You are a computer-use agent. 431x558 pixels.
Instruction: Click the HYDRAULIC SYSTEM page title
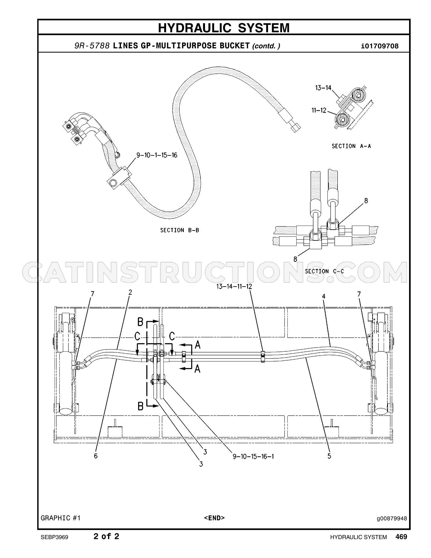[x=224, y=28]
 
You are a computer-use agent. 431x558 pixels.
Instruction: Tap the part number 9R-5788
[x=92, y=46]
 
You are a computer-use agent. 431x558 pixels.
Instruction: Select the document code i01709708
[x=380, y=46]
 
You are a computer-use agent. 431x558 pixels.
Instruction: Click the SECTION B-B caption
[x=180, y=230]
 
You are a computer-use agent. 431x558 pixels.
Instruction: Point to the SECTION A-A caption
[x=351, y=146]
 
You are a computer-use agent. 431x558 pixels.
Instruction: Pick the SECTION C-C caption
[x=325, y=271]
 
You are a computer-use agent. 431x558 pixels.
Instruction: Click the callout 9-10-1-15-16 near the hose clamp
[x=157, y=155]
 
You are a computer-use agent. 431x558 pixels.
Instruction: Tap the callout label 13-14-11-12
[x=234, y=286]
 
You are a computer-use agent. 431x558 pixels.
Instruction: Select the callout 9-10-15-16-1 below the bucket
[x=253, y=456]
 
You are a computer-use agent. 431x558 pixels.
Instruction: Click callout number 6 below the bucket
[x=96, y=456]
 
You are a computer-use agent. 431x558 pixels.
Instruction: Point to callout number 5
[x=329, y=456]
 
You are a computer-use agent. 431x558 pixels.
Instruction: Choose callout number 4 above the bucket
[x=324, y=296]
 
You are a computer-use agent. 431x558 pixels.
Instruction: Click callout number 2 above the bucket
[x=130, y=292]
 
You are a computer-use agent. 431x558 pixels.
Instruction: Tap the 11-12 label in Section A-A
[x=319, y=110]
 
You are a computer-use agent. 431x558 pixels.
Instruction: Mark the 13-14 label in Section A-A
[x=323, y=87]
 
